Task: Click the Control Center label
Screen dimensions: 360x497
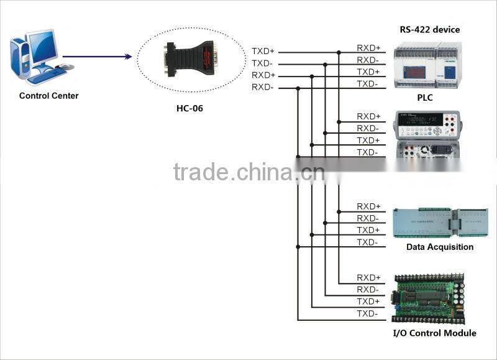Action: point(49,96)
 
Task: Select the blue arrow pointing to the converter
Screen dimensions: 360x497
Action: point(97,57)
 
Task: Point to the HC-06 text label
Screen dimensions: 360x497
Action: point(189,108)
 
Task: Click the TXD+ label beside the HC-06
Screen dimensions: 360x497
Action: point(263,52)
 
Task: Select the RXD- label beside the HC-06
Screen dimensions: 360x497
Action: point(263,87)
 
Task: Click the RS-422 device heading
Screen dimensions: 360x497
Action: point(429,29)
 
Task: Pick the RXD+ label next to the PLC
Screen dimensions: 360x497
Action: point(368,48)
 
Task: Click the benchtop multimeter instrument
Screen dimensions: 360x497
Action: point(427,133)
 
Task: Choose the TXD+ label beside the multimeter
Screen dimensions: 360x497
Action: point(368,141)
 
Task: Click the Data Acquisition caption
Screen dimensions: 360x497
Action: point(440,247)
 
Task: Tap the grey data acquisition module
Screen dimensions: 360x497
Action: point(439,223)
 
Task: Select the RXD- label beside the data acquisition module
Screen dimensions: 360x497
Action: point(368,218)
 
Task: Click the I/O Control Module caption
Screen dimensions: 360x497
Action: point(435,333)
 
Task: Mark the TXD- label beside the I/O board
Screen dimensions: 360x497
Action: point(367,313)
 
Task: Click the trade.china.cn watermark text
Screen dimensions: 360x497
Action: point(248,171)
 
